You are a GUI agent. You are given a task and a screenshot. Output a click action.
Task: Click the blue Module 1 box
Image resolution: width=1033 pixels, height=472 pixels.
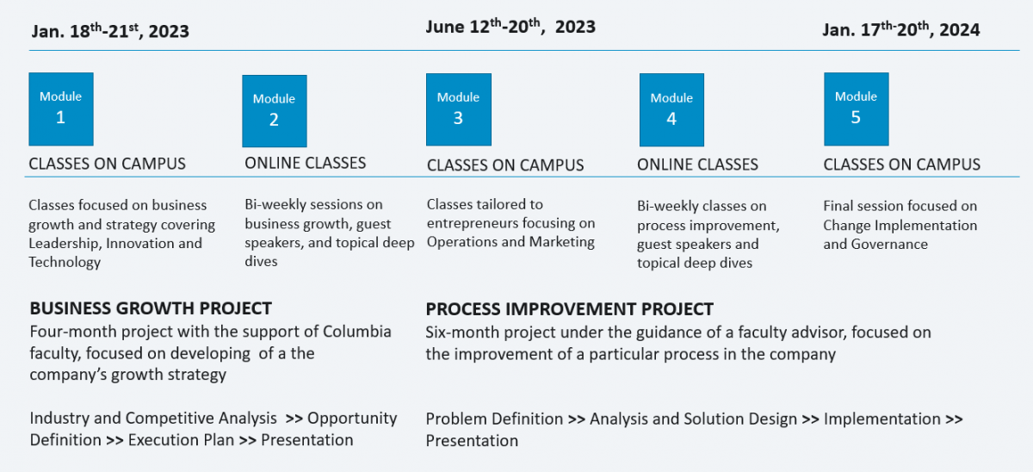tap(61, 109)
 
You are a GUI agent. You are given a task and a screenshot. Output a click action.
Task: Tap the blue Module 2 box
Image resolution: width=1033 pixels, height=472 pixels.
tap(275, 111)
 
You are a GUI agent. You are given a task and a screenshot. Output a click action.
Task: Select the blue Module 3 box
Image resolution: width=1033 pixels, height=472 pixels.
tap(458, 109)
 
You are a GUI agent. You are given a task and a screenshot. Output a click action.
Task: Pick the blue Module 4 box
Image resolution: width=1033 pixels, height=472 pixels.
tap(671, 109)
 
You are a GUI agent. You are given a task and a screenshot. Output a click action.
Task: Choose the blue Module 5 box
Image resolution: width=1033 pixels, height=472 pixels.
tap(857, 109)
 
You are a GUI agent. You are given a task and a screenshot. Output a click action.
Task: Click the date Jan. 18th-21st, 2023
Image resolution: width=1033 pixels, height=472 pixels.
tap(110, 30)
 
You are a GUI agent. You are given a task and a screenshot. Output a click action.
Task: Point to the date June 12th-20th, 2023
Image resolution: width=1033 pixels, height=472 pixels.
tap(510, 27)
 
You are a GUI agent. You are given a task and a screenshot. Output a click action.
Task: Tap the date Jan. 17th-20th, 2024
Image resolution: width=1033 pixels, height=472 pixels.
tap(901, 29)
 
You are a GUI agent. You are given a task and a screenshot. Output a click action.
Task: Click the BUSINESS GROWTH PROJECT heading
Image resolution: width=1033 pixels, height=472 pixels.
tap(151, 308)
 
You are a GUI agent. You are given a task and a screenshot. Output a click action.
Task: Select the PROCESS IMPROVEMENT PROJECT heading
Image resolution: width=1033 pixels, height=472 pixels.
tap(570, 309)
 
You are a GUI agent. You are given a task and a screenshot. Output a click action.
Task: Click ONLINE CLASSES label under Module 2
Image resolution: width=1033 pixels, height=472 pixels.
tap(306, 163)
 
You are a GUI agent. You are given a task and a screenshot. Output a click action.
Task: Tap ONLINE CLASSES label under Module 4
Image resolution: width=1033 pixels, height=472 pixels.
tap(698, 165)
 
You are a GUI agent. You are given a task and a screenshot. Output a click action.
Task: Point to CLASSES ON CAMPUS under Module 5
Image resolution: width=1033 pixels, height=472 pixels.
tap(902, 165)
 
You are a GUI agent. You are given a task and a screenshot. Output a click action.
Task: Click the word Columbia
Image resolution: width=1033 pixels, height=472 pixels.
tap(357, 332)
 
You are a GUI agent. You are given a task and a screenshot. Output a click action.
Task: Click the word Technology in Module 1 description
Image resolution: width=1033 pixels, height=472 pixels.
tap(65, 262)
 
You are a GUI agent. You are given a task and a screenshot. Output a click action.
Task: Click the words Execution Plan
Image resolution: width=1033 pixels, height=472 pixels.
tap(182, 440)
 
